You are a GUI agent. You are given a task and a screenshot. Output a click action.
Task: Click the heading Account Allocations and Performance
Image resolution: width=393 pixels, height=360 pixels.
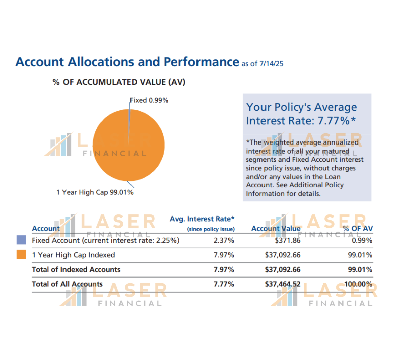127,62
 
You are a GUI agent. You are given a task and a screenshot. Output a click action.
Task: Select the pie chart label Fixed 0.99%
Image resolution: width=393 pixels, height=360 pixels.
149,100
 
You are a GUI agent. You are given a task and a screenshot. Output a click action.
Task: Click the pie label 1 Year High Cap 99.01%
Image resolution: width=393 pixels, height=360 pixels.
95,192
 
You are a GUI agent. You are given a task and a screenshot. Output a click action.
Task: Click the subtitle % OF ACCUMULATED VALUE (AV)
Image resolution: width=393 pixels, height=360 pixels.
119,82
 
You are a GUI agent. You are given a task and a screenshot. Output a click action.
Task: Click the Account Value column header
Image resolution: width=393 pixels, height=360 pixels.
276,229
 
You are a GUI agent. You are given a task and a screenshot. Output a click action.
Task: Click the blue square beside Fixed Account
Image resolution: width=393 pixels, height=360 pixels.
21,241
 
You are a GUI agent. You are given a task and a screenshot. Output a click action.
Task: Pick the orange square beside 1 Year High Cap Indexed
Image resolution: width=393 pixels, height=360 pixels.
21,255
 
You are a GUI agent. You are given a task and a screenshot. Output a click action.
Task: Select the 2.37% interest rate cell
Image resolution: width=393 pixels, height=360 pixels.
224,241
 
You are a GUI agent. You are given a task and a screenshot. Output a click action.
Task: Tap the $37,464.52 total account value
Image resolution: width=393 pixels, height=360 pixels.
283,284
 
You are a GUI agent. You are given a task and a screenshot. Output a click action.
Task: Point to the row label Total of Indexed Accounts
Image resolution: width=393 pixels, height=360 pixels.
76,269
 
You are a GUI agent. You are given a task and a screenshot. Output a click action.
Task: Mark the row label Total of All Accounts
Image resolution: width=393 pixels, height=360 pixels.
67,284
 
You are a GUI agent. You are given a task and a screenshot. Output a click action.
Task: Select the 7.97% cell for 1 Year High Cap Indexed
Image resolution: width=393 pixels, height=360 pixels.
224,255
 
